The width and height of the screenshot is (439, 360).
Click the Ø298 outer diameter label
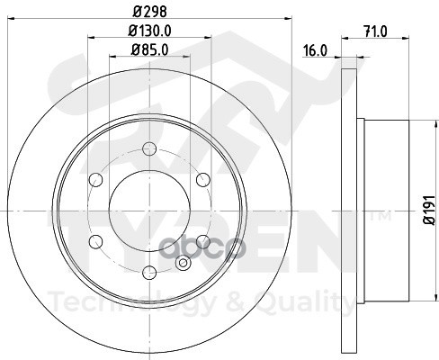(149, 12)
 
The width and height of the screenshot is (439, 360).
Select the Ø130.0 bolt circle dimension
(149, 31)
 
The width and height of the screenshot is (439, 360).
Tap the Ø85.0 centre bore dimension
(149, 49)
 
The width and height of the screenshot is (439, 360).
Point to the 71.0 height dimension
(375, 31)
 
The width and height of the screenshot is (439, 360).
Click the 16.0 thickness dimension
(315, 50)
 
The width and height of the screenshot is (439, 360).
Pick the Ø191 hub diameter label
(429, 210)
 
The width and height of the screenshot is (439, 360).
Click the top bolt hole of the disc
(149, 148)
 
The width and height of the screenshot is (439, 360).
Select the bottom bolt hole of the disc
(149, 273)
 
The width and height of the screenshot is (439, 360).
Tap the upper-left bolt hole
(96, 180)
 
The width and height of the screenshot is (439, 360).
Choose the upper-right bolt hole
(203, 180)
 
